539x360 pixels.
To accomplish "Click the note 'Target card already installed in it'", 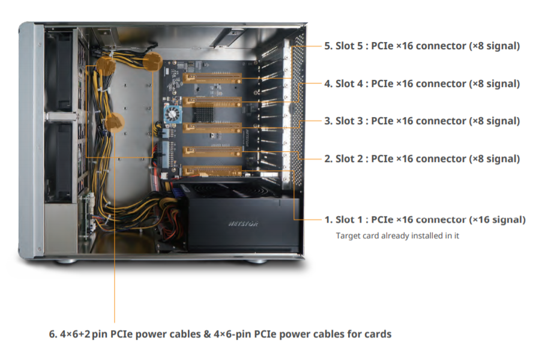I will pyautogui.click(x=397, y=236).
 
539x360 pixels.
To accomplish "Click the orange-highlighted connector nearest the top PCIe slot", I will pyautogui.click(x=154, y=61).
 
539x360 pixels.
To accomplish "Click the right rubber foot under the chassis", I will pyautogui.click(x=257, y=261).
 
